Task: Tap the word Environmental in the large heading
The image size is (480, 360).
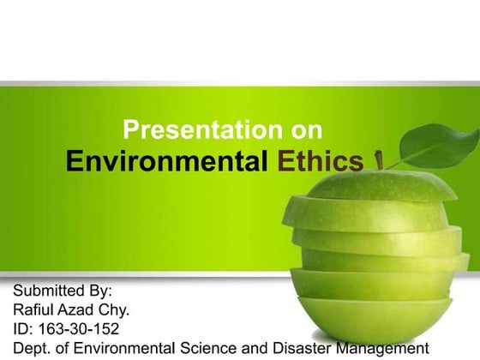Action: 167,161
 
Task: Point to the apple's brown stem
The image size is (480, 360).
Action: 379,162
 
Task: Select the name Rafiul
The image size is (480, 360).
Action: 34,310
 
